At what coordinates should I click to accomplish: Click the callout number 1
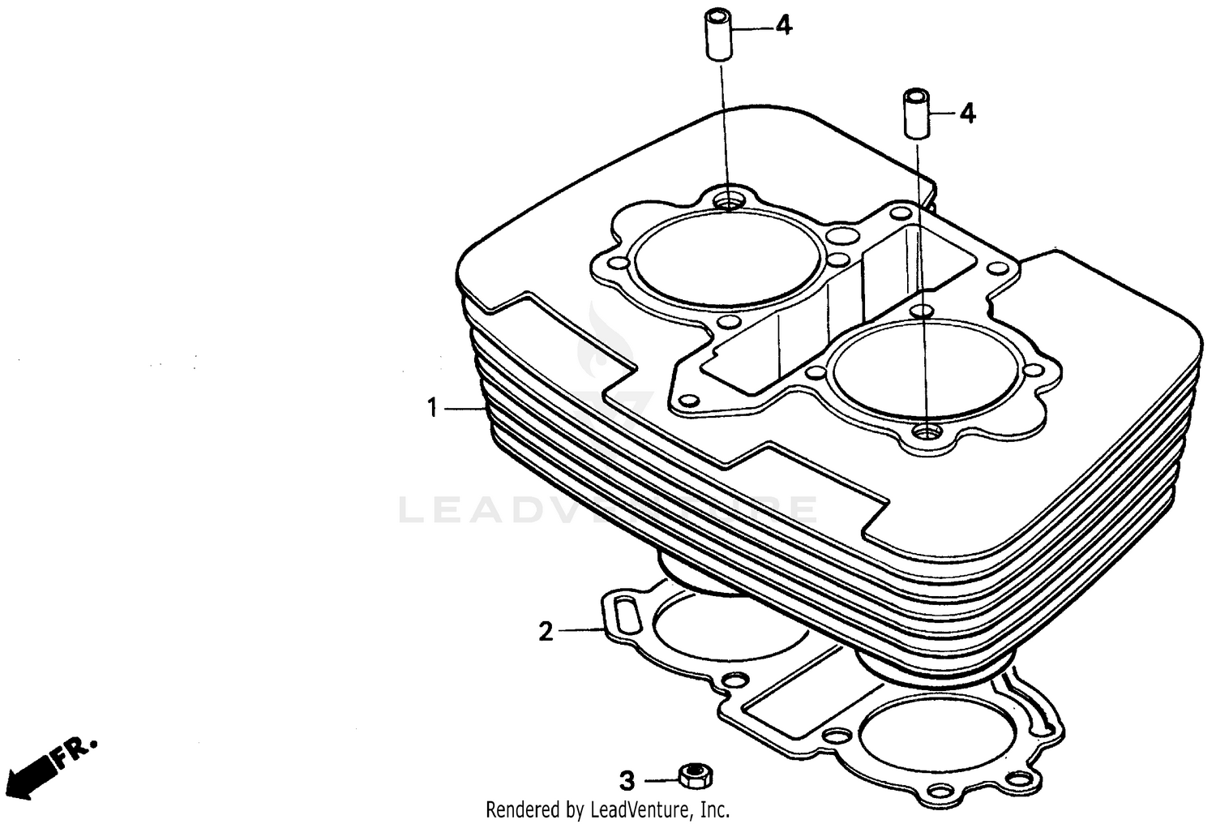[x=432, y=408]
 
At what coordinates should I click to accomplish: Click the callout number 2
[x=546, y=630]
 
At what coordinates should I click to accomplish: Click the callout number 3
[x=626, y=782]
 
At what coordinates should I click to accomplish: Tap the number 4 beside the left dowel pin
[x=782, y=26]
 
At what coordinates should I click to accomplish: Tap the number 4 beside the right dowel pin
[x=966, y=114]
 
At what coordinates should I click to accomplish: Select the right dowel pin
[x=914, y=114]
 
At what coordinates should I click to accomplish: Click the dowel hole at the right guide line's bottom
[x=925, y=433]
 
